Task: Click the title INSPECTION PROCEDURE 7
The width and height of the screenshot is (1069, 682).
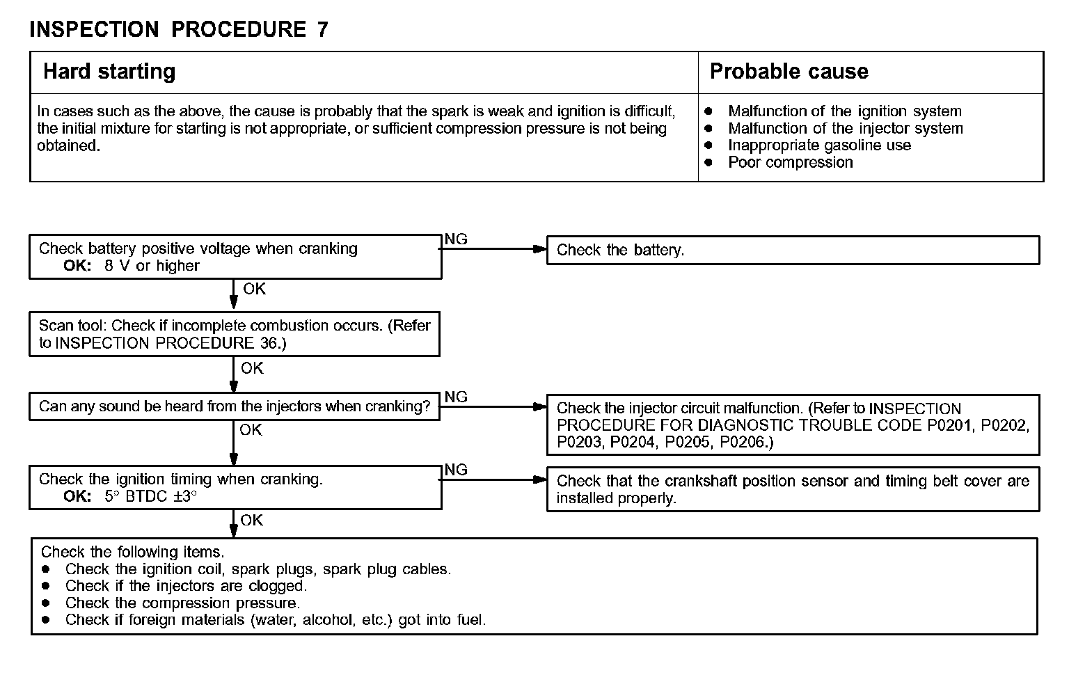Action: click(179, 29)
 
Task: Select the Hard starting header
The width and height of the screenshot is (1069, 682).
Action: click(109, 72)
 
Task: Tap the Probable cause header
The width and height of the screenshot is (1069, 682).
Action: click(789, 72)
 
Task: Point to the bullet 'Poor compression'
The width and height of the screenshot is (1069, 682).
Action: click(790, 163)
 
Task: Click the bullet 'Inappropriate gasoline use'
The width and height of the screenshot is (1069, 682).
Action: click(819, 145)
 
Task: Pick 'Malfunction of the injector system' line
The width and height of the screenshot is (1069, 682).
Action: click(845, 129)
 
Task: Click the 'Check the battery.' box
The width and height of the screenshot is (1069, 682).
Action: click(793, 251)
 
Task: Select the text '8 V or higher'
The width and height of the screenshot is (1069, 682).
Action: click(152, 266)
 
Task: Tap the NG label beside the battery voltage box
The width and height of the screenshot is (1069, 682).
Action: click(456, 239)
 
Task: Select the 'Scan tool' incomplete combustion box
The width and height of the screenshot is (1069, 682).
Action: click(235, 334)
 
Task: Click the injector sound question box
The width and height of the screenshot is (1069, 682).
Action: click(235, 406)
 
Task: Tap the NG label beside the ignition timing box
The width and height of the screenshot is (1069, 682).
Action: click(456, 470)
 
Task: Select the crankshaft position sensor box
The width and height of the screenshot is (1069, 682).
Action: click(793, 489)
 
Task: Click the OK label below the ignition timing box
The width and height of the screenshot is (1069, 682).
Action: click(251, 521)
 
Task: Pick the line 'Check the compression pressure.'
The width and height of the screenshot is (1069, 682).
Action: click(182, 603)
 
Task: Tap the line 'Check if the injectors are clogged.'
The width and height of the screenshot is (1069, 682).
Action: click(186, 586)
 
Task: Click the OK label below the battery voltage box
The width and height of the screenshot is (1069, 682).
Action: click(254, 289)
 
